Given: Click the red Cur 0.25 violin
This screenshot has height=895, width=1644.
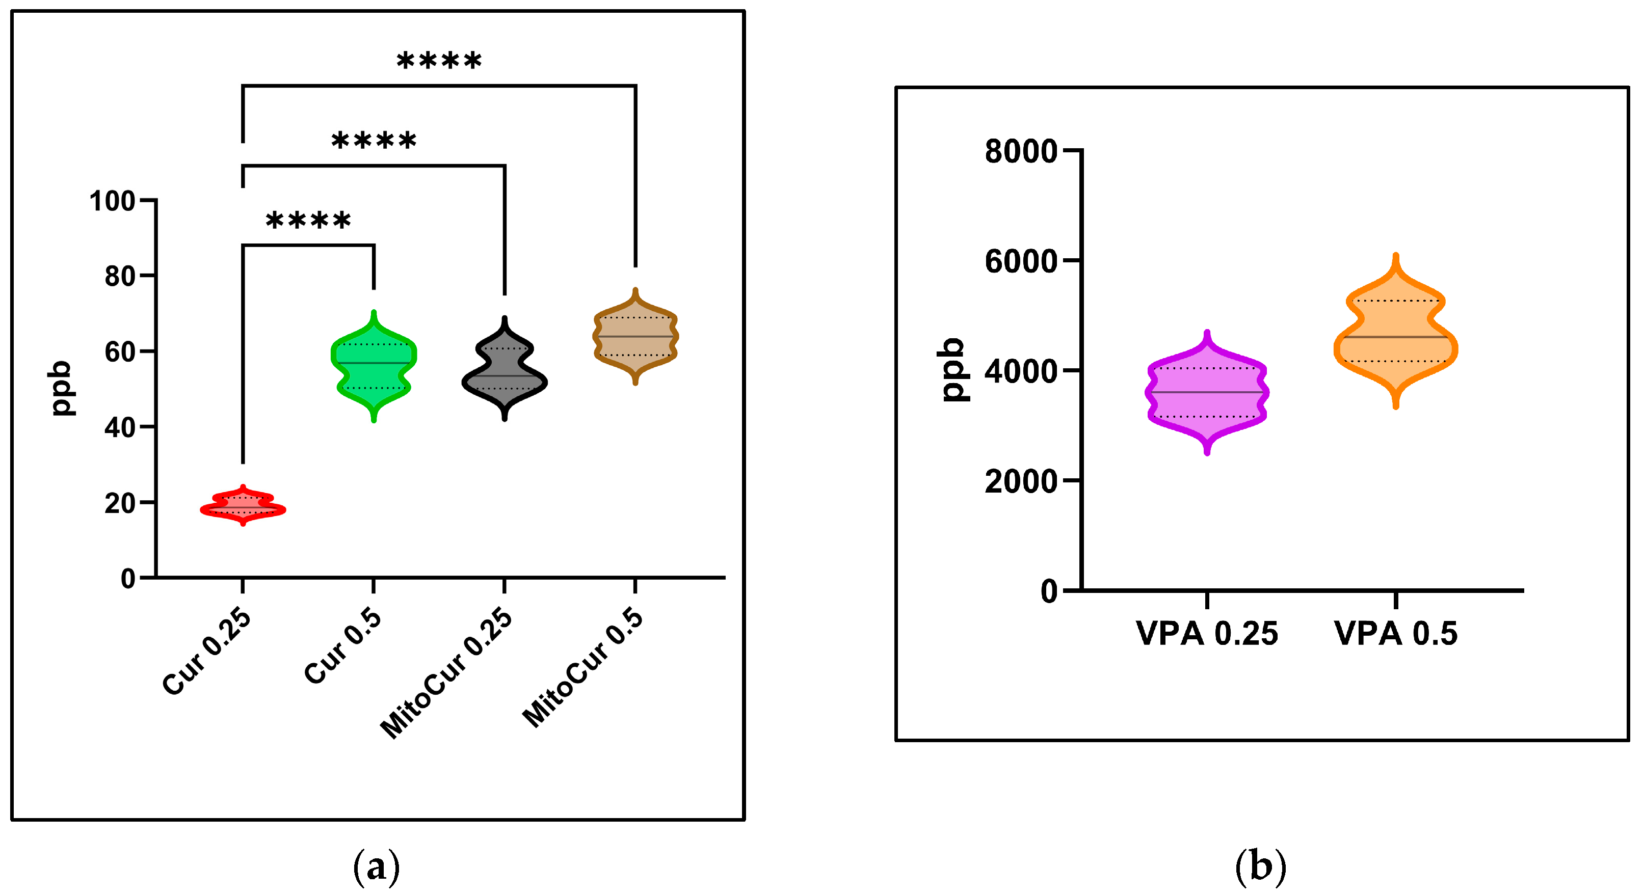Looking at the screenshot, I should click(243, 507).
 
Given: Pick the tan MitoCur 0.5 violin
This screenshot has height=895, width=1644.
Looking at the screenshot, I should click(635, 336).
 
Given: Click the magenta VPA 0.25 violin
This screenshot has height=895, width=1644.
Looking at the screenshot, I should click(1207, 392).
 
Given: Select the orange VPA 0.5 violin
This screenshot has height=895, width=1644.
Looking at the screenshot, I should click(1396, 335).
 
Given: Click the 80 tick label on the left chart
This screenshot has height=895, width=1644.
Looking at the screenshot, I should click(120, 276).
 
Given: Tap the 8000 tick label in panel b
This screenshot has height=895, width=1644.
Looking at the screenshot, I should click(1020, 151).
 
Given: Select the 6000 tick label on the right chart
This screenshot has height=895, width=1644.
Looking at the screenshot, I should click(1020, 261).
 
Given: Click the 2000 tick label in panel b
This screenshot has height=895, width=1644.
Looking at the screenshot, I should click(1020, 481).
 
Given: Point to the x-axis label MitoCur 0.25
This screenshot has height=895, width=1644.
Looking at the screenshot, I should click(447, 673).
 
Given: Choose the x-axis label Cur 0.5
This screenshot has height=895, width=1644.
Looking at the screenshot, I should click(343, 645).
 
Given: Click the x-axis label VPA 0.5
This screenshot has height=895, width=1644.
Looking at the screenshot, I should click(1396, 634).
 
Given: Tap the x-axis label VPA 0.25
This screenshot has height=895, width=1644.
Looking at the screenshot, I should click(1207, 634).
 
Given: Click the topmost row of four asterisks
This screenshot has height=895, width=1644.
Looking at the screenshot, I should click(439, 62).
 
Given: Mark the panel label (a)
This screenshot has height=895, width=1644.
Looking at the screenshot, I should click(377, 866).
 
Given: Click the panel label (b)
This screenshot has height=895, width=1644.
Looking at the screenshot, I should click(1260, 866).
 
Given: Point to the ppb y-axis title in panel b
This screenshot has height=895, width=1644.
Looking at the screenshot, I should click(953, 370).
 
